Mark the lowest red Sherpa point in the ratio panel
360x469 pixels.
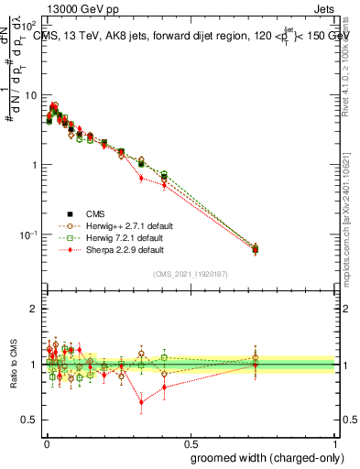point(141,401)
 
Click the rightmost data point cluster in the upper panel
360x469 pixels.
point(255,248)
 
